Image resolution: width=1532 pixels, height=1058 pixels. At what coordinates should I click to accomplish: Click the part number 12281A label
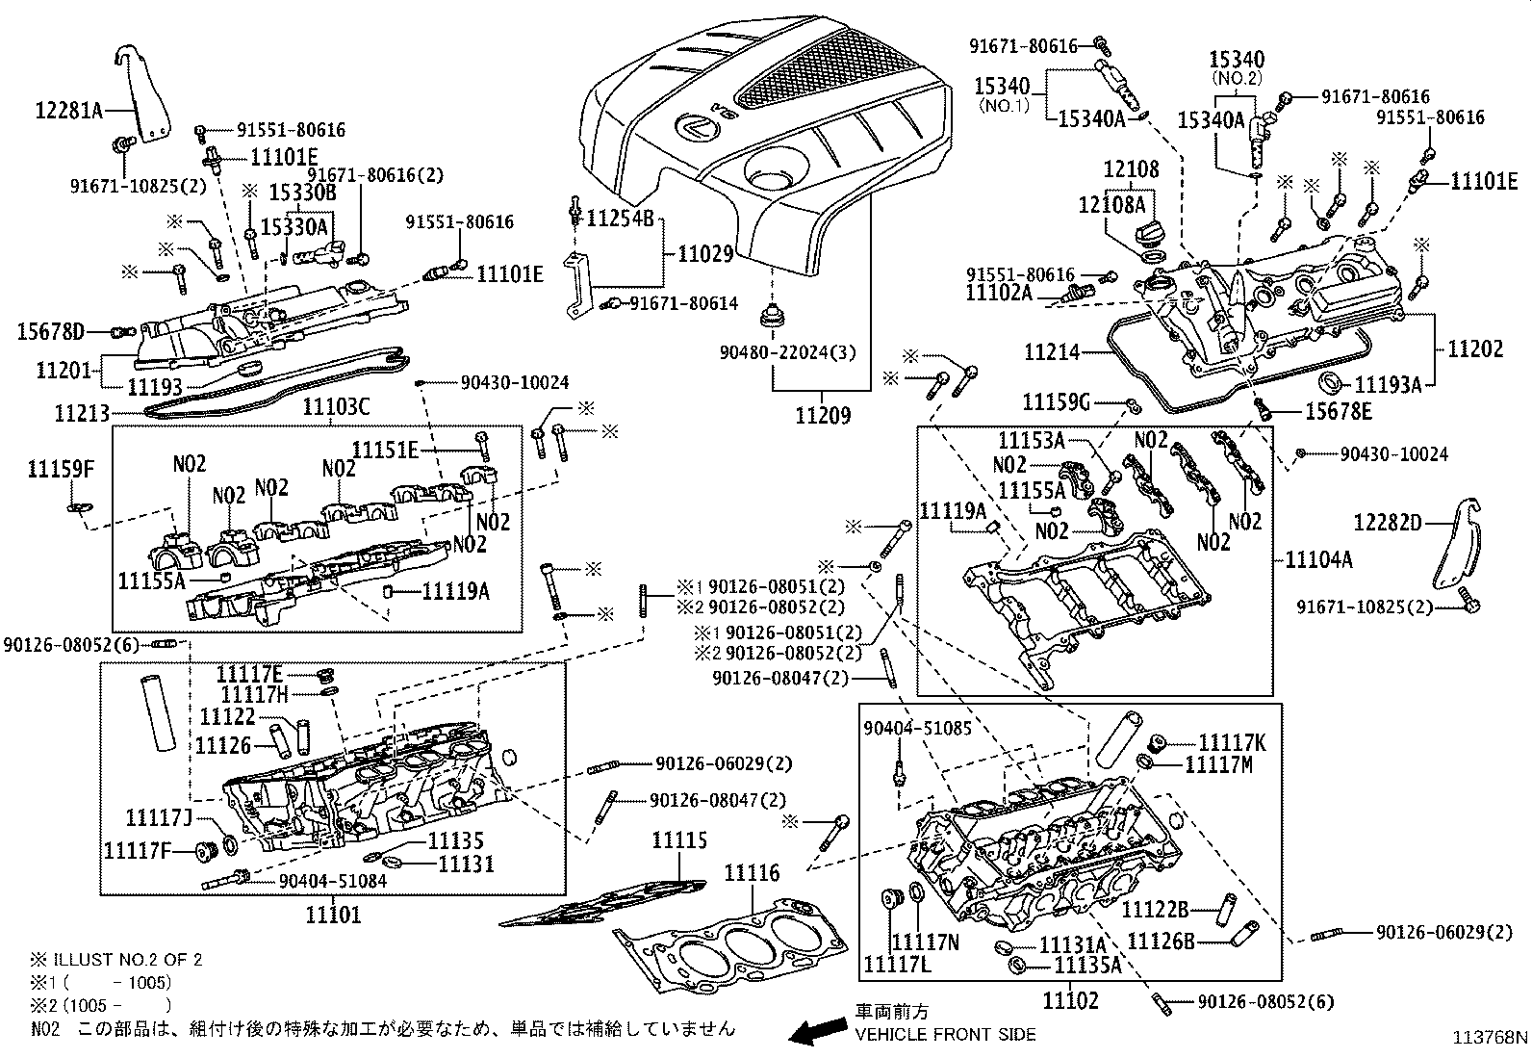point(68,110)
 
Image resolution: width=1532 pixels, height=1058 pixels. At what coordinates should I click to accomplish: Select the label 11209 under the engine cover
point(822,416)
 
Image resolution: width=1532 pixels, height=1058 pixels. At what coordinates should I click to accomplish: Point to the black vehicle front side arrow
point(816,1033)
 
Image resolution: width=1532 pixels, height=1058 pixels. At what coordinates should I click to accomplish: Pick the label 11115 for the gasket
point(678,840)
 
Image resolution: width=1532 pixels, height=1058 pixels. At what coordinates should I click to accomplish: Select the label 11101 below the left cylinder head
point(333,914)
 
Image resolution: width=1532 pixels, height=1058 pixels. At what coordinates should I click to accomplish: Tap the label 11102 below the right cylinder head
point(1069,1000)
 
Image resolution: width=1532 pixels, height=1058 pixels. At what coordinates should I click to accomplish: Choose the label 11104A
point(1318,559)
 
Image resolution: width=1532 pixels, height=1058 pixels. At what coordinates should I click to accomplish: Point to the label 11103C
point(336,407)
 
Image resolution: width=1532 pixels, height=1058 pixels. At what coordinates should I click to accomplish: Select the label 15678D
point(50,332)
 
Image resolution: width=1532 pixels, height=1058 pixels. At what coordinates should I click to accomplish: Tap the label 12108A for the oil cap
point(1111,205)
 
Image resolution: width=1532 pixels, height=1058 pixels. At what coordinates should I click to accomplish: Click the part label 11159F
point(62,470)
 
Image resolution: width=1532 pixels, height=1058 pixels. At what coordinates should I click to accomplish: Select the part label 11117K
point(1232,742)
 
